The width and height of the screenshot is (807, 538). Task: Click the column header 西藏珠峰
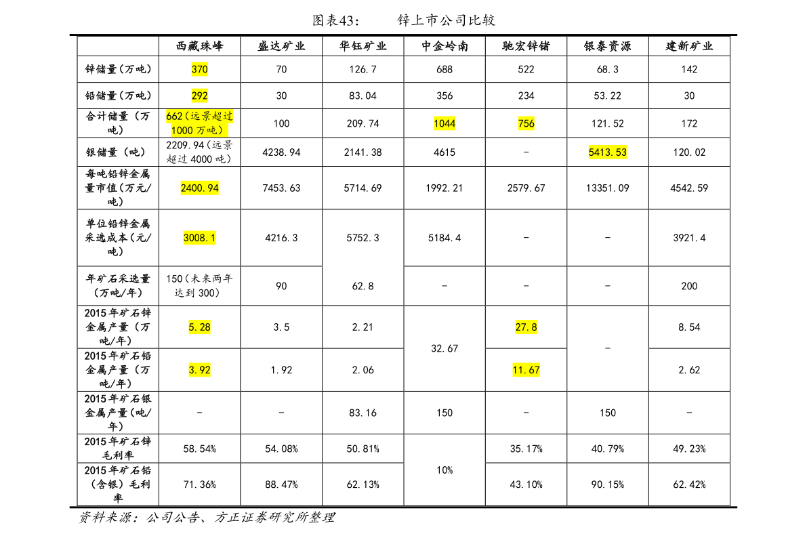(200, 46)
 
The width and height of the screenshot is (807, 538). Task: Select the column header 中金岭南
(444, 46)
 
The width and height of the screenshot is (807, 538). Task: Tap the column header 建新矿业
(689, 46)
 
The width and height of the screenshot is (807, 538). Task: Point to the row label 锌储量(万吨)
(118, 69)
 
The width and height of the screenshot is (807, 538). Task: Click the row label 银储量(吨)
(115, 152)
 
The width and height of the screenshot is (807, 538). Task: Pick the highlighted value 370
(200, 69)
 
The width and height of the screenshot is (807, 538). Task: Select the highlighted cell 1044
(444, 123)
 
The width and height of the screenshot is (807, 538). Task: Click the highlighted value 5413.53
(607, 152)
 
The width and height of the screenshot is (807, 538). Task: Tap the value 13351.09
(607, 188)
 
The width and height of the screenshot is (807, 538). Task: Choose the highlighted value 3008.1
(200, 238)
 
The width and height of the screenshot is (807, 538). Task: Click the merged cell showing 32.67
(444, 348)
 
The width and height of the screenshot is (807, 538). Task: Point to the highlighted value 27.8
(526, 327)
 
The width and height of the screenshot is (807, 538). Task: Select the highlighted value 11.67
(526, 370)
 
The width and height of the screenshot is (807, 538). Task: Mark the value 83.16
(363, 413)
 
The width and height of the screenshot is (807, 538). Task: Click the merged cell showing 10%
(444, 470)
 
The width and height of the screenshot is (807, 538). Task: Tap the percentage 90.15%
(607, 484)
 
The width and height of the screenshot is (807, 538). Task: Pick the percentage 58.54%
(200, 449)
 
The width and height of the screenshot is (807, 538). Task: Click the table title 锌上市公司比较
(447, 20)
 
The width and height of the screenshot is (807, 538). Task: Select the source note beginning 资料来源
(207, 518)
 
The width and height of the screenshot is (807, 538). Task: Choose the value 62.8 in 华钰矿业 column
(363, 286)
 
